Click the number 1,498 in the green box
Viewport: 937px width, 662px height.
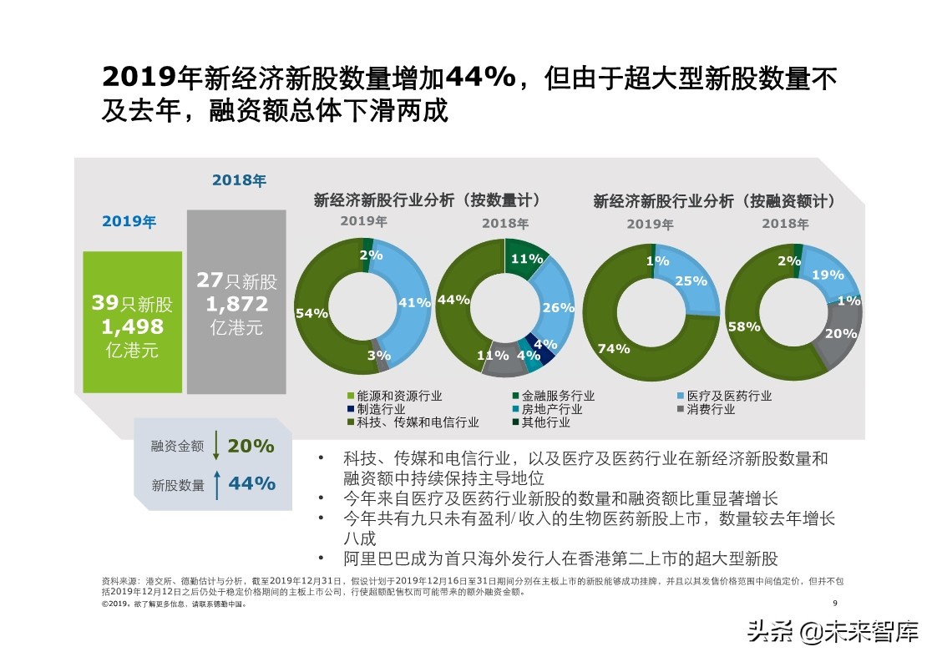(132, 327)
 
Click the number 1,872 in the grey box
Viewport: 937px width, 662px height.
(236, 304)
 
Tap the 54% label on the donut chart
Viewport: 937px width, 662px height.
(311, 313)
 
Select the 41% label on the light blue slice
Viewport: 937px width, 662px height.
(414, 303)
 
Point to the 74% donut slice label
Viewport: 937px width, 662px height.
(614, 349)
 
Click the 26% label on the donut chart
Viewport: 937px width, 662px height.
(558, 308)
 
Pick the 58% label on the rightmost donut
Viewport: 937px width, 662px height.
(743, 326)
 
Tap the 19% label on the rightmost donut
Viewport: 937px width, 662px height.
(828, 275)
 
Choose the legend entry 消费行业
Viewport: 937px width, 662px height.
(711, 409)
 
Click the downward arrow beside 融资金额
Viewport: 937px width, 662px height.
(216, 446)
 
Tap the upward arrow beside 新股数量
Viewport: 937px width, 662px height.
(216, 484)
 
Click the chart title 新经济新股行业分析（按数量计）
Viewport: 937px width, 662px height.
(427, 200)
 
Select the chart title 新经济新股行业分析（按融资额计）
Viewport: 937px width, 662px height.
(715, 201)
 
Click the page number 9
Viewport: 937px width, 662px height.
(835, 604)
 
